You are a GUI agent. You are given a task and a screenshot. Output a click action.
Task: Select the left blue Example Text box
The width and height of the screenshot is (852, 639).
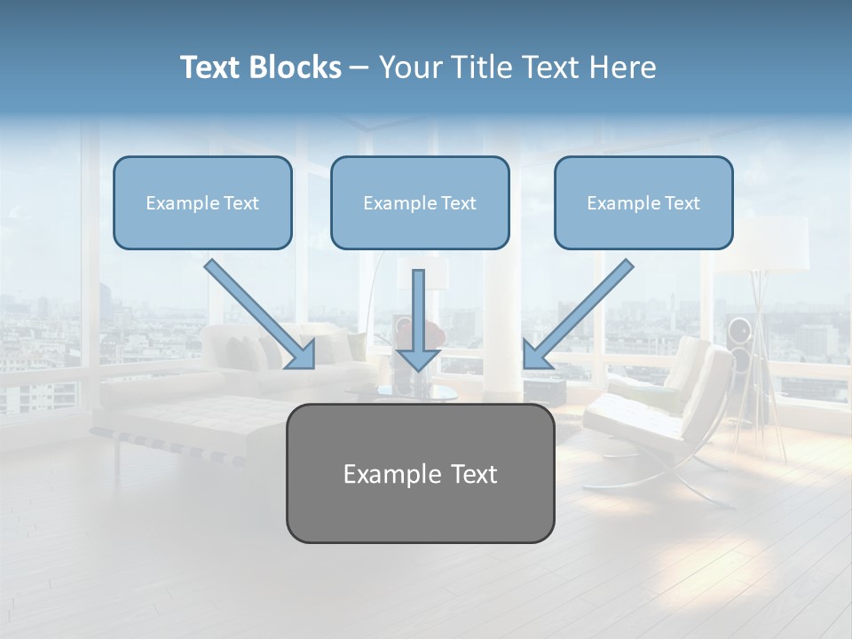point(202,203)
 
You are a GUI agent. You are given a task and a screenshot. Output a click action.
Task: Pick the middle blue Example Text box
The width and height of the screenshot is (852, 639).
point(420,203)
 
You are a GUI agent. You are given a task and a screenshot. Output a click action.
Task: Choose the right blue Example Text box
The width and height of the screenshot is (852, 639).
point(643,203)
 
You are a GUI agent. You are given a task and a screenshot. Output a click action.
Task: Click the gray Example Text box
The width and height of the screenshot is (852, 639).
point(420,473)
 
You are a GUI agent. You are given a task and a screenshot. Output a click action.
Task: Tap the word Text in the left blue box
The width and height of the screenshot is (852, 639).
point(241,203)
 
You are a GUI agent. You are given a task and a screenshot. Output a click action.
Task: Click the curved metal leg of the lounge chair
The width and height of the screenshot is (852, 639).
point(701,484)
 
